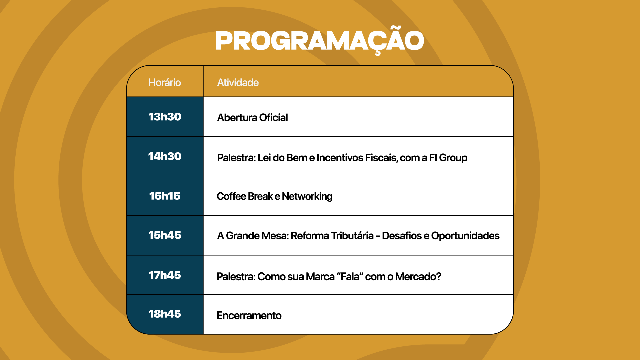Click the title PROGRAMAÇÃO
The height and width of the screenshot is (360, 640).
tap(320, 41)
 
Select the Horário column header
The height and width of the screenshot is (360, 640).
tap(165, 82)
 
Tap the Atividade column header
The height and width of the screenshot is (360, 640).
tap(238, 82)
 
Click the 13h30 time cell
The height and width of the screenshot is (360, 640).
tap(165, 117)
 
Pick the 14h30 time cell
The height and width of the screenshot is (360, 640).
tap(165, 156)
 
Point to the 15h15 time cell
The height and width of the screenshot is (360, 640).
tap(165, 196)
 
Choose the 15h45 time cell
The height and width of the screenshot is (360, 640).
tap(165, 235)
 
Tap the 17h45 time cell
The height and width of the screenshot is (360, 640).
tap(165, 275)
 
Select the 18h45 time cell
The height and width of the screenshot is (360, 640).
tap(165, 314)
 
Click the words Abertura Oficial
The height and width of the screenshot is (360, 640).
tap(252, 118)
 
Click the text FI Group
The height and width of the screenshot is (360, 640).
tap(448, 158)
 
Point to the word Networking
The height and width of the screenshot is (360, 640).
tap(307, 197)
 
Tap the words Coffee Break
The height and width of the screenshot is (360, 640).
tap(245, 197)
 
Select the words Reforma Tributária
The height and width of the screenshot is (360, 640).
tap(332, 236)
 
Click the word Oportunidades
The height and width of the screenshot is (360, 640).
tap(465, 236)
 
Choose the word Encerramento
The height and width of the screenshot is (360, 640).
tap(249, 316)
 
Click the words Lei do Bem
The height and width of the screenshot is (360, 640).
tap(282, 158)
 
